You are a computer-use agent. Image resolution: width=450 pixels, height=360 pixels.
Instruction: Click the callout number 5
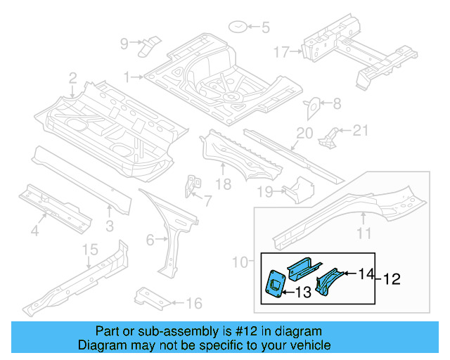(265, 28)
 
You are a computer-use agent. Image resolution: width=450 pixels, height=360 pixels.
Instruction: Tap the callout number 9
(124, 44)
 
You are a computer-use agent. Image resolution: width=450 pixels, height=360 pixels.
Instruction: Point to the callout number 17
(281, 51)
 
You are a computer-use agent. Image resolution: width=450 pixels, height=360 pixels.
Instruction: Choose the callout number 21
(360, 129)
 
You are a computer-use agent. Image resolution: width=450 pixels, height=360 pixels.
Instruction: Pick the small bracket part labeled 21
(329, 136)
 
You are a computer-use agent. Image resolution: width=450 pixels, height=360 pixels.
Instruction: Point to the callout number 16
(194, 304)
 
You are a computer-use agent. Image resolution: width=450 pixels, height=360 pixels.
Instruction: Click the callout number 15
(89, 251)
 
